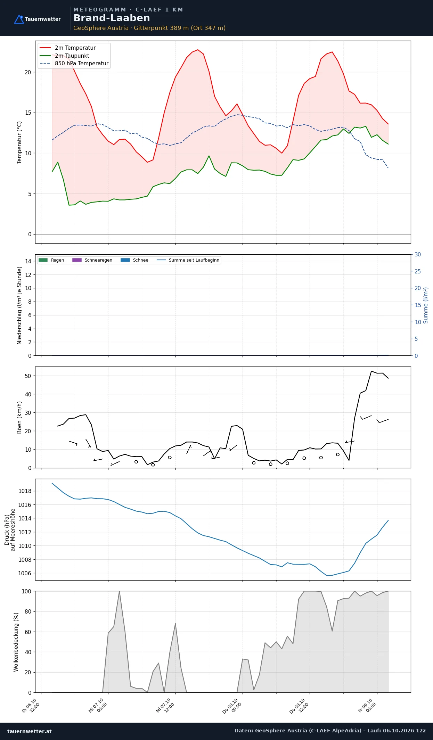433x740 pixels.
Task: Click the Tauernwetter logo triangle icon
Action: point(19,19)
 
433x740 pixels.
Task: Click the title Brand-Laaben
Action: point(112,18)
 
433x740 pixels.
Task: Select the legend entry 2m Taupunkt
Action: point(72,56)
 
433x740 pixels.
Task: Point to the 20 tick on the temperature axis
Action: point(28,72)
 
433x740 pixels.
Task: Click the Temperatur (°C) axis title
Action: point(19,142)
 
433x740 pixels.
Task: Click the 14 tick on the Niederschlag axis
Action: point(28,261)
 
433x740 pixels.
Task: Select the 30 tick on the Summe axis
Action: point(418,255)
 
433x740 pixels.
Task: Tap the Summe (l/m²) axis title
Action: point(426,305)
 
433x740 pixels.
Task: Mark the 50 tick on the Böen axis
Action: point(28,376)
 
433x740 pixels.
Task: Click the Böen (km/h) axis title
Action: point(19,417)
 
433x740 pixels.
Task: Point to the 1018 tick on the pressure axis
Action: point(25,491)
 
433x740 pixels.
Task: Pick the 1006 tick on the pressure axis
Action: point(25,573)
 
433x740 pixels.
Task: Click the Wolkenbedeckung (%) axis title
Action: point(16,642)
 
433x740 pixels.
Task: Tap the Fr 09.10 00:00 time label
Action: point(368,706)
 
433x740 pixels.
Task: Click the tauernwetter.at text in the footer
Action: point(30,731)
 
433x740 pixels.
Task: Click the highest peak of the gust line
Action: point(371,371)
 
